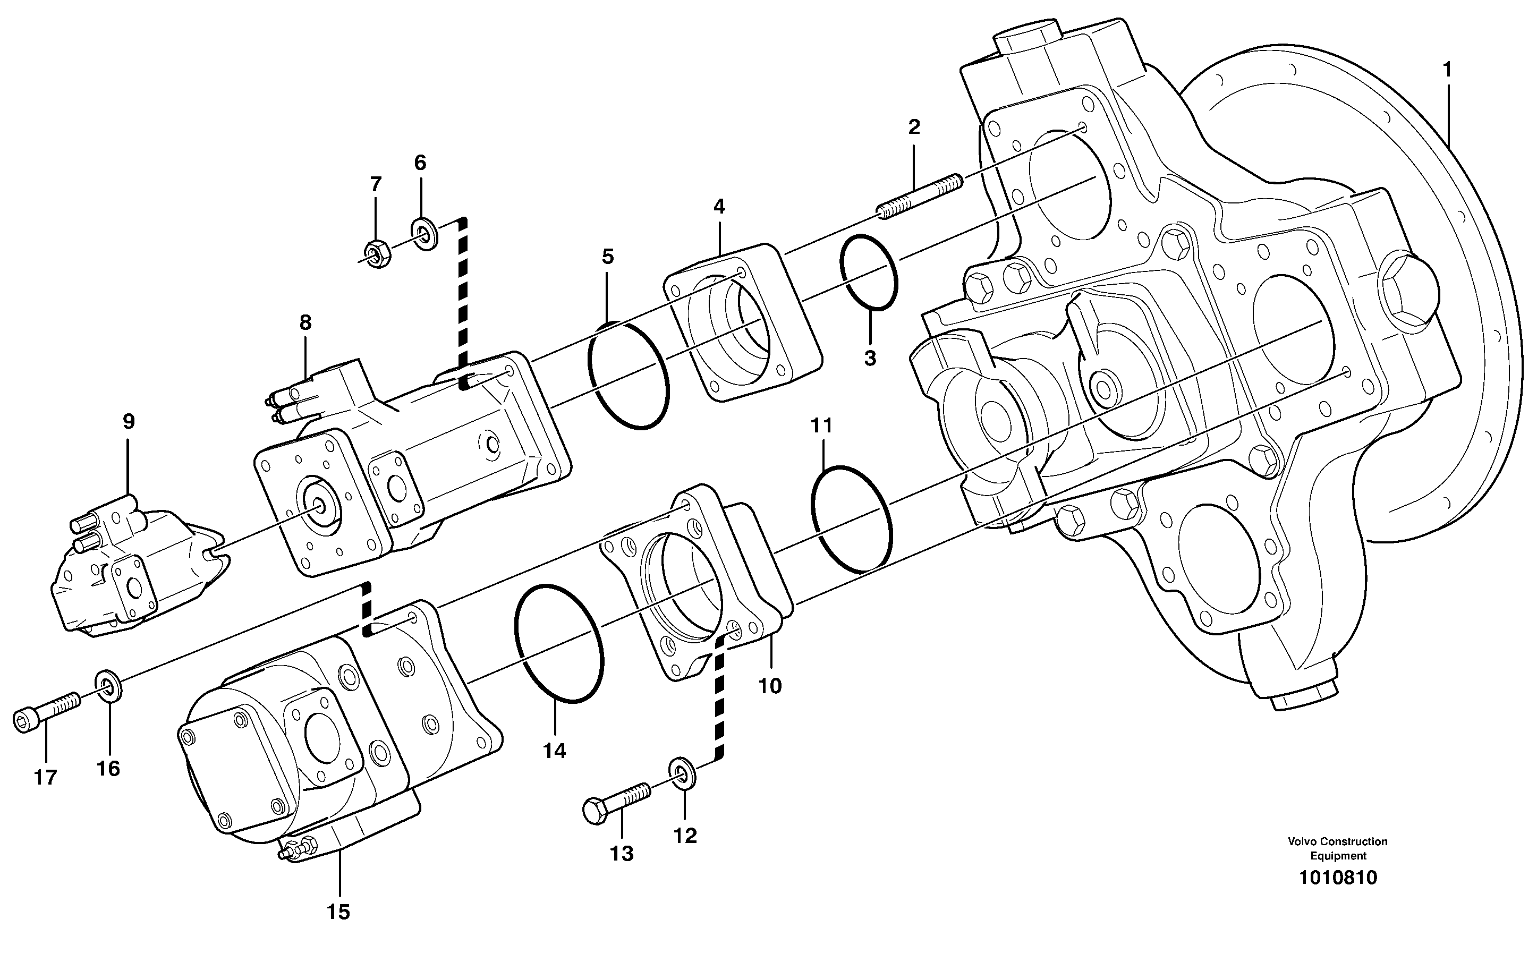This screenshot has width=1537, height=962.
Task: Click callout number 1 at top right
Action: (1447, 70)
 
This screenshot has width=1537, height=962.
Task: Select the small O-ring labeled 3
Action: (869, 273)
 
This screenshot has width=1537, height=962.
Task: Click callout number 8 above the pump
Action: (305, 322)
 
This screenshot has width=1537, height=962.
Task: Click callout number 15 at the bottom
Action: (338, 912)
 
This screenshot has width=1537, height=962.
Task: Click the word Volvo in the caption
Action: (1302, 842)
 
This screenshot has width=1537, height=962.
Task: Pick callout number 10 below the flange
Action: (769, 686)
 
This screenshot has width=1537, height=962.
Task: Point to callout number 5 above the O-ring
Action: (608, 257)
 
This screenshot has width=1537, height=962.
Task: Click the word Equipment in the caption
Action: (1338, 856)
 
